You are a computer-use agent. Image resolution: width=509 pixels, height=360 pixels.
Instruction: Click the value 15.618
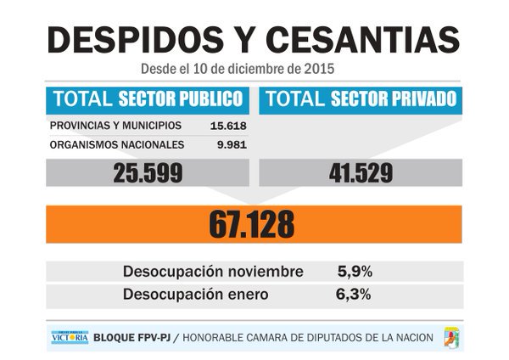pos(227,126)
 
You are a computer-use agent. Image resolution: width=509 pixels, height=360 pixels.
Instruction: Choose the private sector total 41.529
pos(359,173)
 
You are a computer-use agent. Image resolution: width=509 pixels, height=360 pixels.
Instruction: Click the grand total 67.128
pos(254,223)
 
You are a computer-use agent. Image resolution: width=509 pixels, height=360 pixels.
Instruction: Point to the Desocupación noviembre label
pos(213,272)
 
